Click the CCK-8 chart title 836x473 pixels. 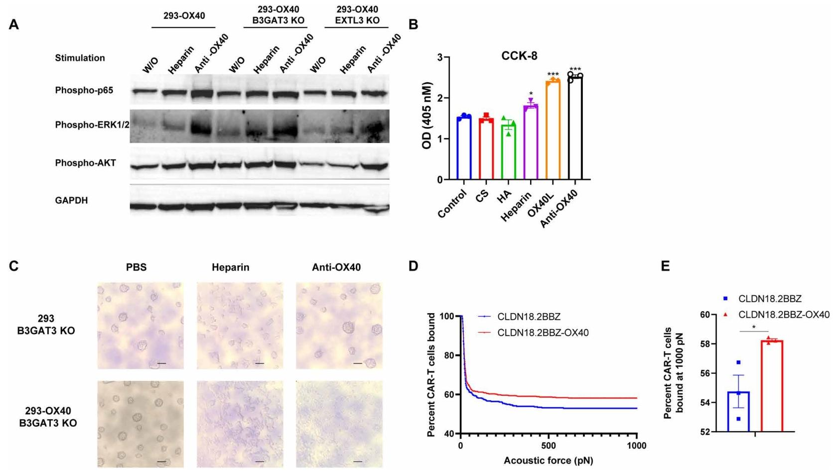519,56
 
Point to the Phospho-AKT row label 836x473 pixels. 85,163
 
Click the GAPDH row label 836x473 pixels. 71,200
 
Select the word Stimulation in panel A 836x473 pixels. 80,58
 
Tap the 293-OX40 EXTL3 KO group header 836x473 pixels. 357,15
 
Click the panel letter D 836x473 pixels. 413,266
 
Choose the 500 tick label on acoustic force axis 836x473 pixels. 549,445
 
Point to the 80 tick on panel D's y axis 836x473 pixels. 450,355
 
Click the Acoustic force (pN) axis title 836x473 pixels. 548,461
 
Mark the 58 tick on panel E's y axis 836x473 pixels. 707,344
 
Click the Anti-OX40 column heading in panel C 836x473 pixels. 336,267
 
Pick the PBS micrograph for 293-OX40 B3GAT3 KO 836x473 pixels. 140,424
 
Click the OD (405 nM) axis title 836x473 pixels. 427,116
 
